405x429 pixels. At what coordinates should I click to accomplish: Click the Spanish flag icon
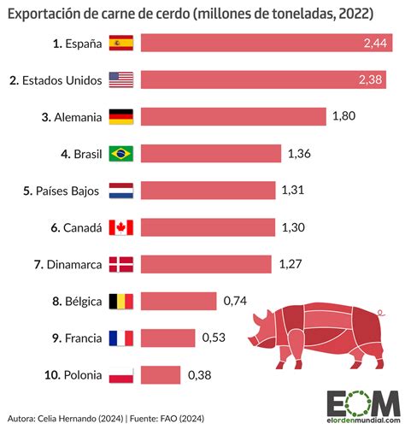pos(121,44)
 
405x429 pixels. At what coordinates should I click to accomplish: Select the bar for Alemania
pos(233,117)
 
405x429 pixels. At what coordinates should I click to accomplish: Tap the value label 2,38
pos(372,80)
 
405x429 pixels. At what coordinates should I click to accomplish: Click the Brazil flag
pos(121,154)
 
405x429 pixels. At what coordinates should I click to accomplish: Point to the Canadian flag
pos(121,227)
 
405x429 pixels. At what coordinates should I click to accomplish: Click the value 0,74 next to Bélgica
pos(235,301)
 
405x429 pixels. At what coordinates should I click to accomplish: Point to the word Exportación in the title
pos(47,11)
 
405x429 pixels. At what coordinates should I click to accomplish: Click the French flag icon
pos(121,338)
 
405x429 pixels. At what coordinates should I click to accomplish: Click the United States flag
pos(121,80)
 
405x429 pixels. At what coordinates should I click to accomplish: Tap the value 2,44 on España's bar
pos(372,44)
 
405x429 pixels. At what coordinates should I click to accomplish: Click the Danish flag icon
pos(121,264)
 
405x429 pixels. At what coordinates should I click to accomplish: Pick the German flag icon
pos(121,117)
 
